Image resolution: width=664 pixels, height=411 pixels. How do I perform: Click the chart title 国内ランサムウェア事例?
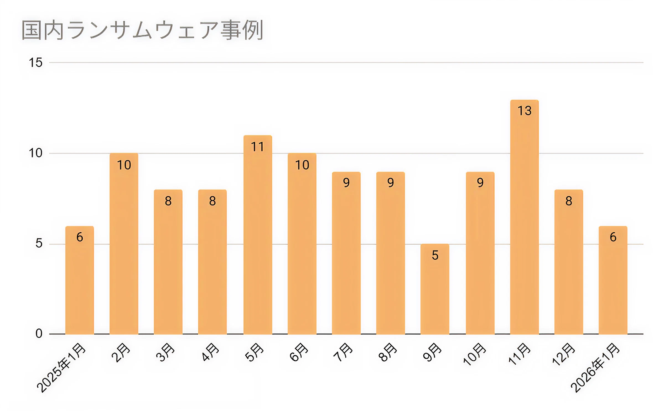(x=142, y=30)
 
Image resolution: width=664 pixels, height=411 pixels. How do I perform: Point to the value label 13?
(x=524, y=111)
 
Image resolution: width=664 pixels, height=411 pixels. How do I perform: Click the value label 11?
(x=257, y=147)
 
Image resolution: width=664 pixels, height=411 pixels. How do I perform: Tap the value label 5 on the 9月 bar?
(x=435, y=255)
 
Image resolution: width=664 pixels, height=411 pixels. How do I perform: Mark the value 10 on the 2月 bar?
(x=124, y=165)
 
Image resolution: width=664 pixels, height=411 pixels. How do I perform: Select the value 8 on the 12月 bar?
(x=569, y=201)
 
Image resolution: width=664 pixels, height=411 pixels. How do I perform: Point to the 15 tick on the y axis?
(x=36, y=63)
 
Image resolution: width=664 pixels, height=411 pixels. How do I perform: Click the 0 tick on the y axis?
(x=39, y=334)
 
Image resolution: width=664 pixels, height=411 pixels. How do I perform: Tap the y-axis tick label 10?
(x=36, y=153)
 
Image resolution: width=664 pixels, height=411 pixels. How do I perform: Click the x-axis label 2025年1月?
(x=61, y=368)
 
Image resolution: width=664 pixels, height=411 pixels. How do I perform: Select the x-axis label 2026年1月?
(x=595, y=368)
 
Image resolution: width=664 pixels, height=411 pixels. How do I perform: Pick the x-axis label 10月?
(x=474, y=354)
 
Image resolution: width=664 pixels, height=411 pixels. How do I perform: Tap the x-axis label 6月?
(x=299, y=352)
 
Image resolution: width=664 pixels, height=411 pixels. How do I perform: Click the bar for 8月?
(x=390, y=253)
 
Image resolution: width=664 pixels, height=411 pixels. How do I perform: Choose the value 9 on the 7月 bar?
(x=346, y=183)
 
